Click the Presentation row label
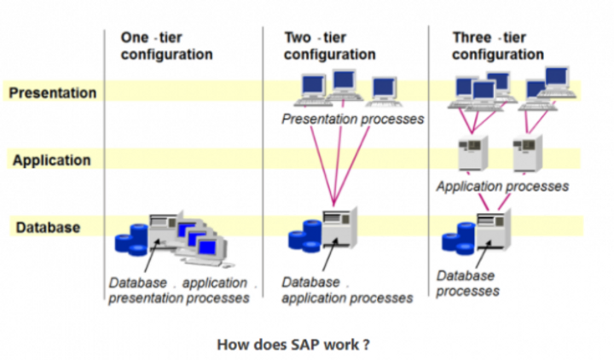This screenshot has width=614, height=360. point(52,92)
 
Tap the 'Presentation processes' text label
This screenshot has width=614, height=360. point(353,119)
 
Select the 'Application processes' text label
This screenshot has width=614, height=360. point(502,185)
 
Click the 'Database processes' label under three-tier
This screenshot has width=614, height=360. point(467,283)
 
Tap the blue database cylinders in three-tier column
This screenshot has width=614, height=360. point(457,235)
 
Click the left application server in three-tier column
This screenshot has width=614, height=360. point(470,154)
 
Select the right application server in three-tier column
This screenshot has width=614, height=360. point(527,154)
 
